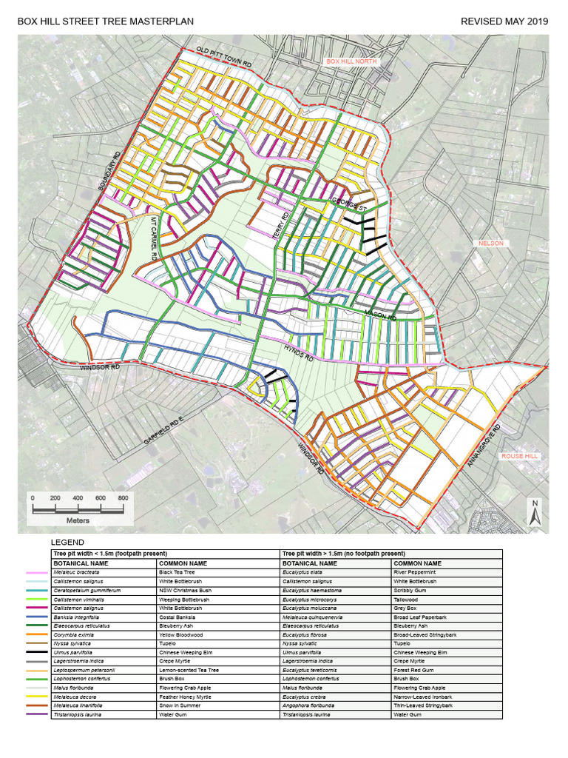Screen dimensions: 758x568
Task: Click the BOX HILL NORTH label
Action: click(x=352, y=62)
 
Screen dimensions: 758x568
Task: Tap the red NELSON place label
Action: click(x=490, y=243)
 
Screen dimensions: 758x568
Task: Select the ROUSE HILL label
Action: click(x=518, y=456)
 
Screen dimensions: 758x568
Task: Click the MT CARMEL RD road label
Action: click(x=154, y=237)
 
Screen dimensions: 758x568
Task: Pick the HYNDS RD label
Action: click(x=299, y=351)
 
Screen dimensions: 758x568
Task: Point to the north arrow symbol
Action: click(x=533, y=512)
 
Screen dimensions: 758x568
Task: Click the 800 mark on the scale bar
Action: click(x=123, y=498)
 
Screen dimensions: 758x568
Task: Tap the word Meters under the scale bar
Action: click(x=78, y=520)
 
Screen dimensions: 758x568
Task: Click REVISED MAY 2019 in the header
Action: click(x=504, y=21)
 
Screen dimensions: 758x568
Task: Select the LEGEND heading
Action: click(x=67, y=543)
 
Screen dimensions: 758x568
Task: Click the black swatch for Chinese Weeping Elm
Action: click(x=36, y=652)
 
